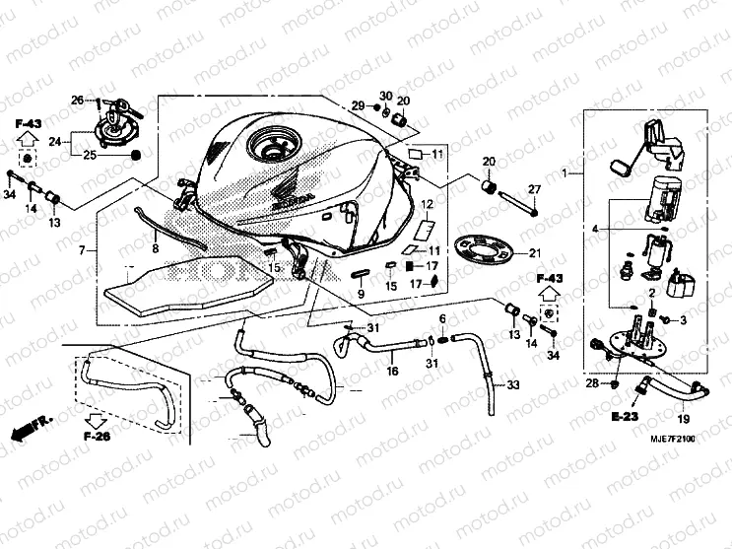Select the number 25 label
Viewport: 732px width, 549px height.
(91, 156)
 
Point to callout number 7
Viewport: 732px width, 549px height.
(82, 250)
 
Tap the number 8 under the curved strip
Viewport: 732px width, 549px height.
(155, 250)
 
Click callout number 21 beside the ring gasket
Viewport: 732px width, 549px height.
(536, 252)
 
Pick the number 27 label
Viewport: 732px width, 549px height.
(534, 189)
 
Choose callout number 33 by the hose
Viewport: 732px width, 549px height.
(513, 385)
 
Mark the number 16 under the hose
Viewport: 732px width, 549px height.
(392, 372)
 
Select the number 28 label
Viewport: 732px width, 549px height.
(592, 382)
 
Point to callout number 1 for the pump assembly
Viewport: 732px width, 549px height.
(566, 173)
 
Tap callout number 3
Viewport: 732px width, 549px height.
(684, 320)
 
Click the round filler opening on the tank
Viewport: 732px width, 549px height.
(272, 149)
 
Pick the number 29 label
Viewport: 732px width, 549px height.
(359, 105)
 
